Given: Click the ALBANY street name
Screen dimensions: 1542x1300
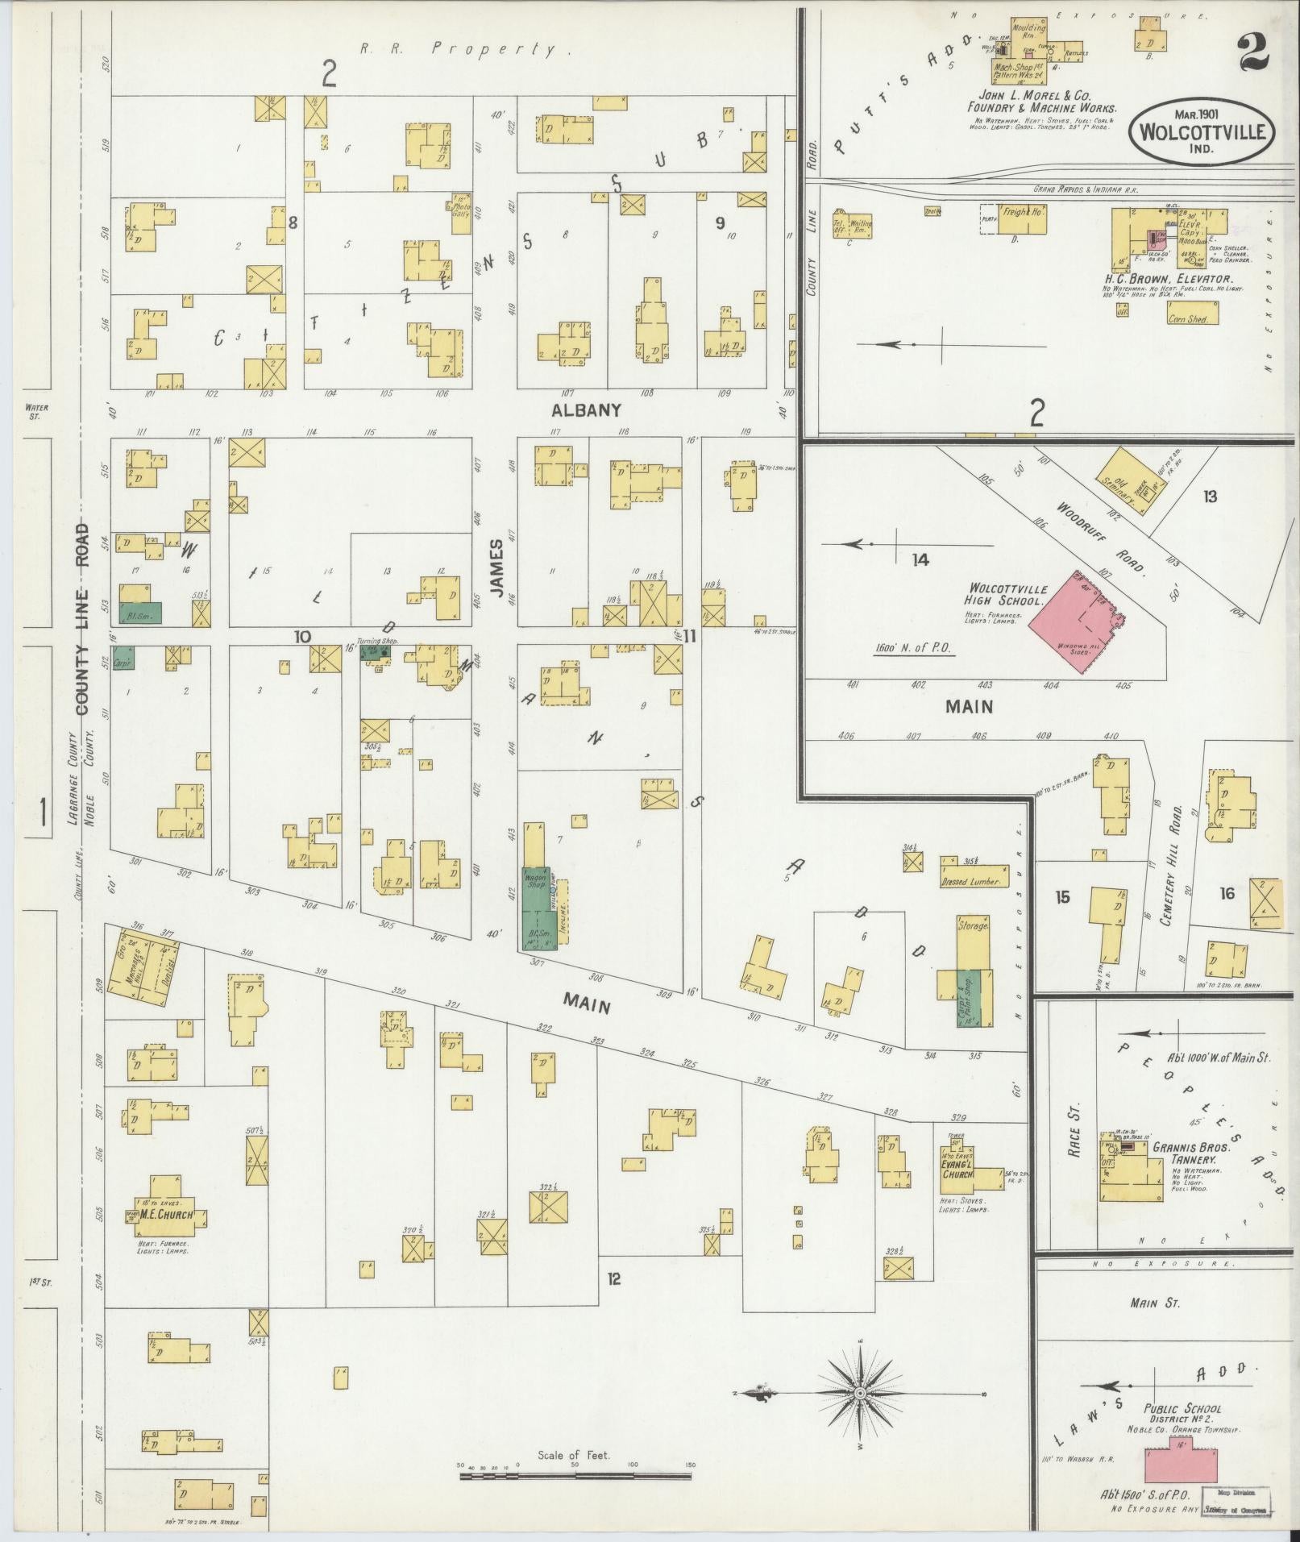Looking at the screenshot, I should coord(586,410).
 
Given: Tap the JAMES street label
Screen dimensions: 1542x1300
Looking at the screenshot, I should coord(496,567).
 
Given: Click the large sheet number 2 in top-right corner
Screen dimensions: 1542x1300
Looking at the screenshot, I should coord(1250,52).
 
